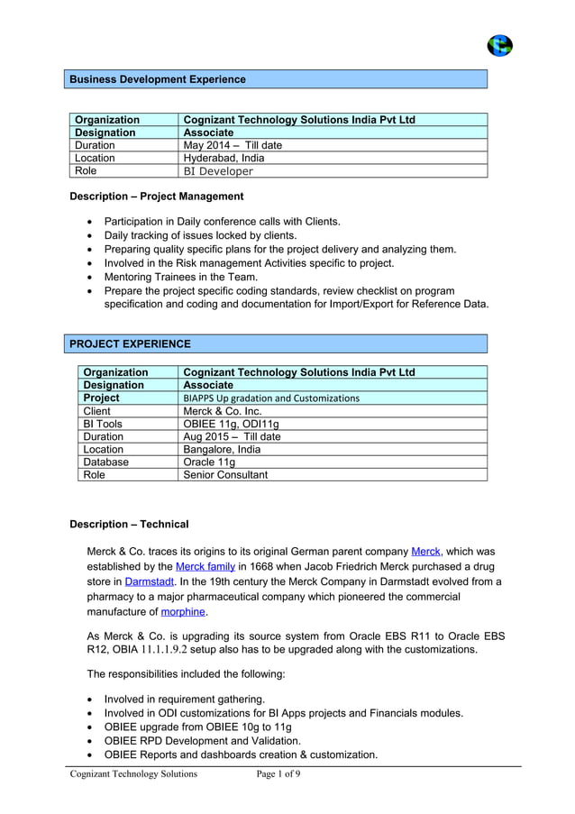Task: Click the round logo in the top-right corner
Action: click(498, 45)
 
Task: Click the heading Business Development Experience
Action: click(158, 79)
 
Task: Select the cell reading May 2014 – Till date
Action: click(233, 145)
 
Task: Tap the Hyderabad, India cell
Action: click(224, 158)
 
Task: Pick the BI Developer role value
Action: click(218, 171)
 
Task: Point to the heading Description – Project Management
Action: click(157, 196)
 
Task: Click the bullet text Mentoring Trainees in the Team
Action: click(180, 277)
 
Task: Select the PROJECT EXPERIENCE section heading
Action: click(131, 343)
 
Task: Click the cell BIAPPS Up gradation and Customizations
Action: click(270, 398)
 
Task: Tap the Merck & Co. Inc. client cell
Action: click(222, 410)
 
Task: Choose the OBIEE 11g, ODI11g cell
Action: click(231, 424)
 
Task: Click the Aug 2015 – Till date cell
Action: click(232, 436)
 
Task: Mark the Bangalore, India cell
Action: click(222, 449)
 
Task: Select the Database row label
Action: click(105, 462)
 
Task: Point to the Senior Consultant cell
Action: click(225, 474)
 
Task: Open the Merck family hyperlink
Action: click(205, 566)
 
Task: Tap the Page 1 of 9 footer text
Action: click(278, 773)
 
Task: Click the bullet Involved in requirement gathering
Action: click(184, 699)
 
